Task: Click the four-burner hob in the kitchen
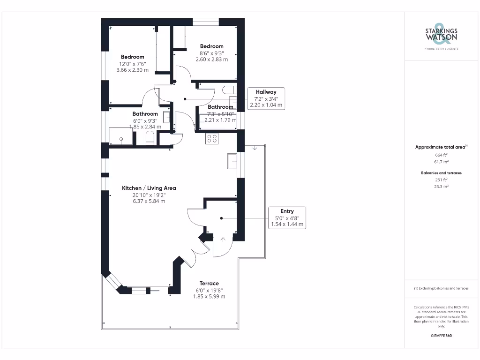[x=211, y=139]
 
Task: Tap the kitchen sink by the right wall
[x=232, y=161]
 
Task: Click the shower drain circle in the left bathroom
[x=121, y=139]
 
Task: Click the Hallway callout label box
[x=265, y=98]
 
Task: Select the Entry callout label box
[x=287, y=217]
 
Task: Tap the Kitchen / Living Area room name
[x=149, y=188]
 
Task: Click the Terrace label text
[x=209, y=283]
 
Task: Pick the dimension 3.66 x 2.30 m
[x=132, y=70]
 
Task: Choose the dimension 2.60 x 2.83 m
[x=212, y=59]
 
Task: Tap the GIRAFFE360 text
[x=441, y=336]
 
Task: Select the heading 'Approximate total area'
[x=440, y=147]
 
